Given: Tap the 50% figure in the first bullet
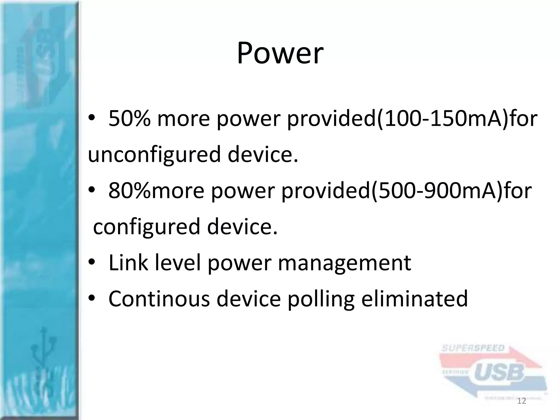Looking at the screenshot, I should click(129, 119).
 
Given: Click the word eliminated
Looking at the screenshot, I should click(415, 299).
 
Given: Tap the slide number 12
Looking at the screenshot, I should click(522, 401).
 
